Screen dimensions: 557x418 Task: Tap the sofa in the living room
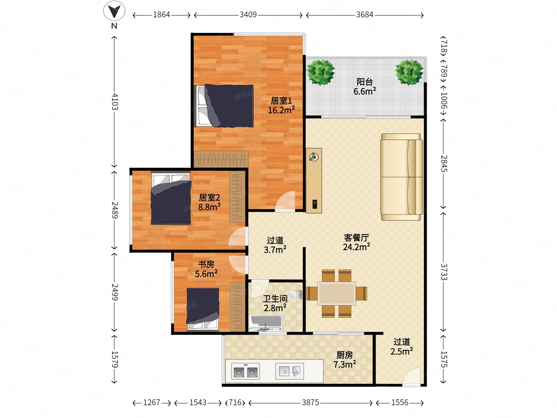[402, 177]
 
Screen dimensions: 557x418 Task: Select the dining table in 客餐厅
[336, 293]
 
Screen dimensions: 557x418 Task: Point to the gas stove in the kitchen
[246, 371]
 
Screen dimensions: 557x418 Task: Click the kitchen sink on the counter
[290, 371]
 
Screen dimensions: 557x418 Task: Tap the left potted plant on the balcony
[321, 72]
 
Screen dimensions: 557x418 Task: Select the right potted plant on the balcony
[409, 72]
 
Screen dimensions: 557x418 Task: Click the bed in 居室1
[224, 106]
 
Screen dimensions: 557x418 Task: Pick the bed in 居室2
[171, 198]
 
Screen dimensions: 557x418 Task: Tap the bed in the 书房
[203, 309]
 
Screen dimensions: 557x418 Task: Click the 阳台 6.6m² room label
[365, 86]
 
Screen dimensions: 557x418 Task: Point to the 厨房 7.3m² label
[344, 360]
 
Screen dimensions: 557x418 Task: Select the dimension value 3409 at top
[248, 15]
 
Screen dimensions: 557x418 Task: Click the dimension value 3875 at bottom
[310, 402]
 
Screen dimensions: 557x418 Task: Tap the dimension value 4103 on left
[115, 101]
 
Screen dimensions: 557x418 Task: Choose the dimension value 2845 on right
[444, 163]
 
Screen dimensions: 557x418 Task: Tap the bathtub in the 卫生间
[265, 323]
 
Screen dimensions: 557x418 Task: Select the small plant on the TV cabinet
[314, 157]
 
